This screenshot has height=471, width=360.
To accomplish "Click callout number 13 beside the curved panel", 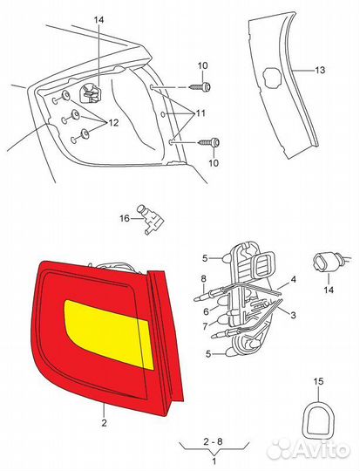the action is tap(320, 70).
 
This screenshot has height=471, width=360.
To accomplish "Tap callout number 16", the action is tap(125, 218).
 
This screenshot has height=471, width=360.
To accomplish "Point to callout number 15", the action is tap(318, 381).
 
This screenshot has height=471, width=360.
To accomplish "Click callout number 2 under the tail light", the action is tap(104, 423).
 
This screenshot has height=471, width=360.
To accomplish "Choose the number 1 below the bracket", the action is tap(214, 461).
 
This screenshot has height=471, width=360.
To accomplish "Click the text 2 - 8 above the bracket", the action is tap(213, 441).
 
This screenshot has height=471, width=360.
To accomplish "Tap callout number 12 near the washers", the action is tap(113, 123).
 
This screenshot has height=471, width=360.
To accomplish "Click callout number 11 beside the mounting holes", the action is tap(200, 113).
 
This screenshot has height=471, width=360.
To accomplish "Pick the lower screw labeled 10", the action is tap(209, 142).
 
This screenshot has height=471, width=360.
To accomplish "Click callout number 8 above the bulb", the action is tap(204, 278).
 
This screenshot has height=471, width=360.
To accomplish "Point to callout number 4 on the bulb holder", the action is tap(294, 279).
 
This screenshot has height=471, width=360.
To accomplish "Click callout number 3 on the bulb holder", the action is tap(293, 315).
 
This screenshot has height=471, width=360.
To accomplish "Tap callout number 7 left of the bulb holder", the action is tap(206, 326).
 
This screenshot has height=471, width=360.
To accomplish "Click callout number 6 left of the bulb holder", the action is tap(206, 311).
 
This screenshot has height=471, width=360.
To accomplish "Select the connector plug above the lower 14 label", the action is tap(328, 263).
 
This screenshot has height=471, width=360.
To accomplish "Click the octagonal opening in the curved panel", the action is tap(273, 78).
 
